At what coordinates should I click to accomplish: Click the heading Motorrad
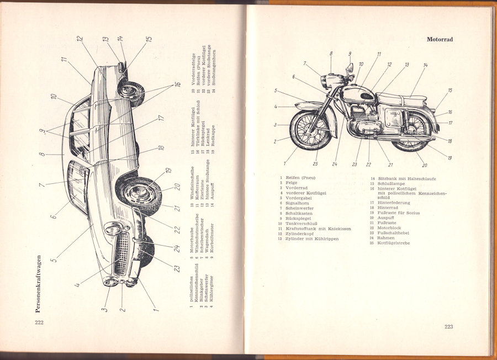point(443,39)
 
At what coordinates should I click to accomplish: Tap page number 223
point(449,327)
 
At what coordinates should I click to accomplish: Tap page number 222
point(39,322)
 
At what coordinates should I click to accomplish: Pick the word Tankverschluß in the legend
point(302,224)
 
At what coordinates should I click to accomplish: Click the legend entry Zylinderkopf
point(300,234)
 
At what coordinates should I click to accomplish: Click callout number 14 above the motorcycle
point(425,65)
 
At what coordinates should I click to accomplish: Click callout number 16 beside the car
point(178,84)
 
